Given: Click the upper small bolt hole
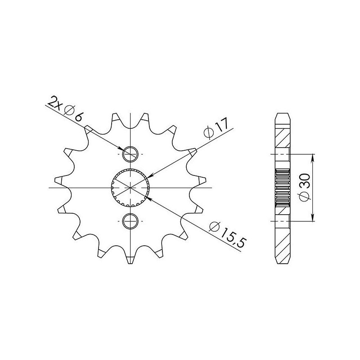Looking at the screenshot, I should pos(130,153).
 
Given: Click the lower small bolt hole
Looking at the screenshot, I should pos(130,220).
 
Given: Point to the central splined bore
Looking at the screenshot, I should pos(130,187).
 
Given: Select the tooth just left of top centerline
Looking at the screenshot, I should pos(115,118).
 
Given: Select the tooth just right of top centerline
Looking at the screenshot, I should pos(146,118).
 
